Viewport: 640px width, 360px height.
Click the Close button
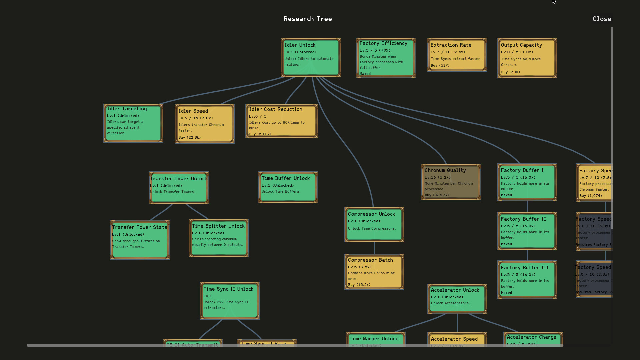[x=602, y=19]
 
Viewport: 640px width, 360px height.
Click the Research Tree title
[x=307, y=19]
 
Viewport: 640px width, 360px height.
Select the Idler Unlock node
[x=311, y=57]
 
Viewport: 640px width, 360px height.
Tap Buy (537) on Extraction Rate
[x=440, y=65]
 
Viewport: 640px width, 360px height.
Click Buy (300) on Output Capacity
[x=510, y=72]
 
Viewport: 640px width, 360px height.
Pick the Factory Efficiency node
[x=386, y=58]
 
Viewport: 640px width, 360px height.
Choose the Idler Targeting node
[x=133, y=123]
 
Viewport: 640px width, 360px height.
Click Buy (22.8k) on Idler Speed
[x=189, y=137]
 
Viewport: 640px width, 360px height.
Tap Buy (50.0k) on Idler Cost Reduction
[x=260, y=134]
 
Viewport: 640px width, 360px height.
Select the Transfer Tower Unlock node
[x=179, y=188]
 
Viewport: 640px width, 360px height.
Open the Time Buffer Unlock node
[x=288, y=187]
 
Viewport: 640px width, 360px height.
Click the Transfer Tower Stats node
[x=140, y=240]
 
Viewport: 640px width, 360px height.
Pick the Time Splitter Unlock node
[x=218, y=238]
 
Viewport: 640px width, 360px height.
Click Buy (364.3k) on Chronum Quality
[x=437, y=195]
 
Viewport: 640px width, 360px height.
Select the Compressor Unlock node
[x=374, y=224]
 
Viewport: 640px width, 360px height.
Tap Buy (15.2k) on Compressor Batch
[x=359, y=285]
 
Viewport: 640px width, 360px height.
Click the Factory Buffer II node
[x=527, y=231]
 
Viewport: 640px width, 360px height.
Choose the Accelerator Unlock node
[x=457, y=299]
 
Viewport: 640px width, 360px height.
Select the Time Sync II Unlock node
[x=229, y=300]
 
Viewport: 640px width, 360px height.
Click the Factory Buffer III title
[x=524, y=268]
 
